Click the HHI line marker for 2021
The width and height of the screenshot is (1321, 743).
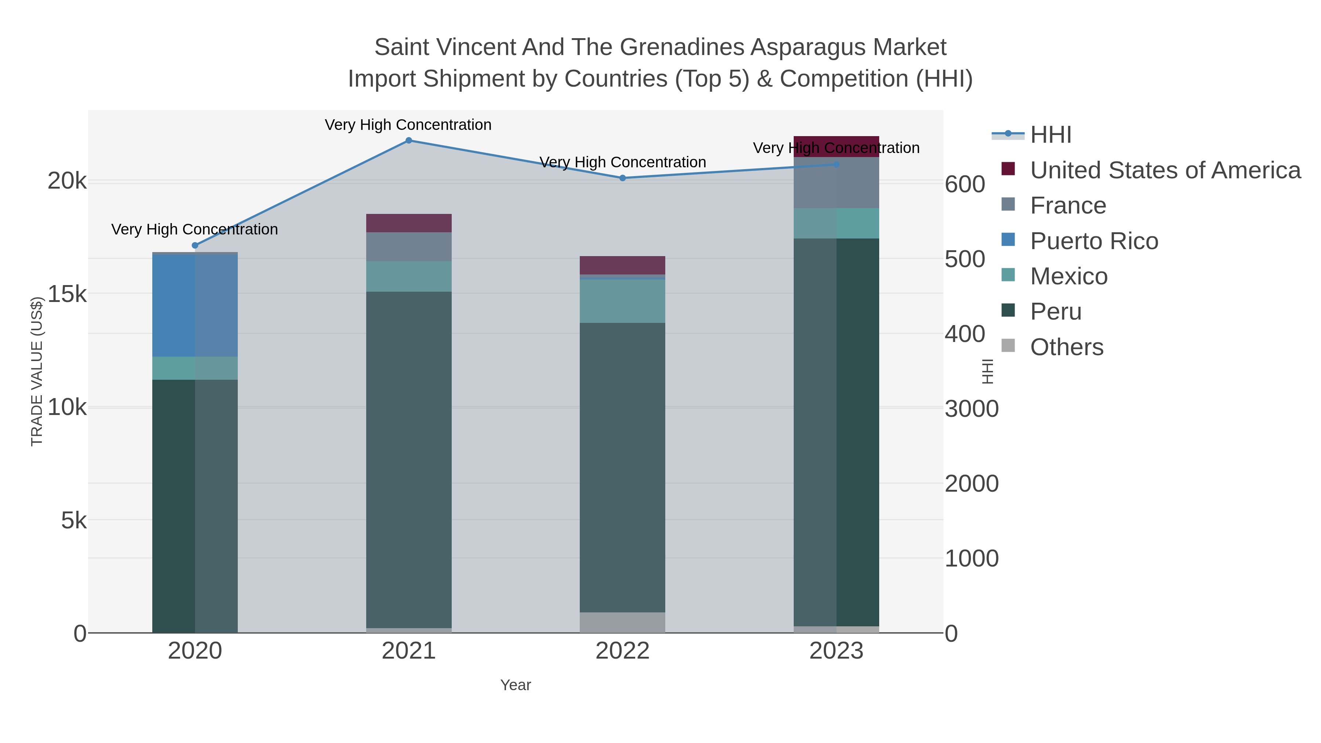[x=409, y=141]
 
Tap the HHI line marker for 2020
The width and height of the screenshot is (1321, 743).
[x=195, y=245]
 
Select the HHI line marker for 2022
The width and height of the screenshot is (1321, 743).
[x=623, y=178]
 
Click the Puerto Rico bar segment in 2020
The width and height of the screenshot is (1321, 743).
[x=195, y=306]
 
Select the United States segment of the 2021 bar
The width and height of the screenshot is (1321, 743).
[x=409, y=223]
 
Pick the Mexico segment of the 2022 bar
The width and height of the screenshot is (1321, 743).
[x=623, y=301]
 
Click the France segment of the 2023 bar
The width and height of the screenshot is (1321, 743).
[x=836, y=183]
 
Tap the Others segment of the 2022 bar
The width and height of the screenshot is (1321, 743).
[x=623, y=623]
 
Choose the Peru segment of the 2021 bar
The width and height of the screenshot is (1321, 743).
[x=409, y=460]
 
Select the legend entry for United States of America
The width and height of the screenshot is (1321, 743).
[x=1165, y=170]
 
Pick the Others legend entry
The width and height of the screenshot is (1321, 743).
[x=1067, y=347]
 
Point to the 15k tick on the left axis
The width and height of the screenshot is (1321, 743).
[x=67, y=294]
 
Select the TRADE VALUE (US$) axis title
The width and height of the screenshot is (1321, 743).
[x=37, y=371]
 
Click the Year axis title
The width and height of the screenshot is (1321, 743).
[x=516, y=685]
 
